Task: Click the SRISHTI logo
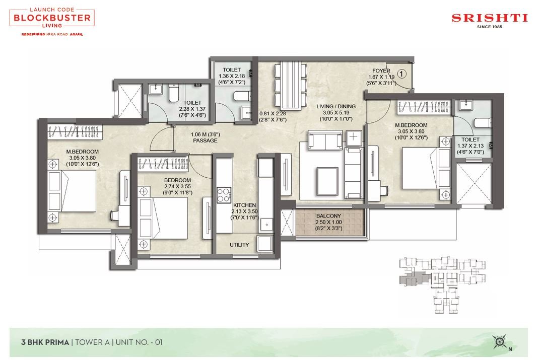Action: coord(490,21)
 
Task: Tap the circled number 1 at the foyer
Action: coord(402,74)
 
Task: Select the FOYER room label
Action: coord(381,70)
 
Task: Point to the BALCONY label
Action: coord(328,216)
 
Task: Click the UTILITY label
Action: coord(239,245)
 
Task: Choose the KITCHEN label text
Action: coord(245,205)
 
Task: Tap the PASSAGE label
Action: coord(205,140)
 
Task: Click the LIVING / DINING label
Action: coord(336,106)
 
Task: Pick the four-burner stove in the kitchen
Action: coord(224,195)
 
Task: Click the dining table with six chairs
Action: coord(291,85)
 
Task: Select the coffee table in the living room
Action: coord(327,180)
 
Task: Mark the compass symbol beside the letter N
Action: coord(499,342)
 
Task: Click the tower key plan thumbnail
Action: coord(443,284)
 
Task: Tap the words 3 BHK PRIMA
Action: coord(45,342)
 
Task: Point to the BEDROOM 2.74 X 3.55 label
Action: coord(177,186)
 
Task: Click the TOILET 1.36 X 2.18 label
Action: coord(232,76)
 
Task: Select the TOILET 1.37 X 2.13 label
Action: coord(470,146)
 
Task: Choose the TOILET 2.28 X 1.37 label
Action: coord(192,109)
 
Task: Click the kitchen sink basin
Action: coord(266,225)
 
